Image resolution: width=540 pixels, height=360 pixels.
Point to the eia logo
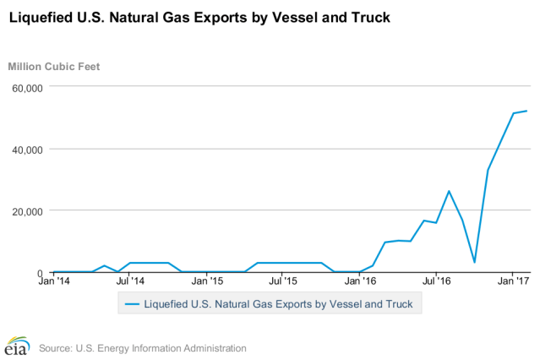coord(17,346)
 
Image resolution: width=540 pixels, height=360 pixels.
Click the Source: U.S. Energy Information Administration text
coord(143,347)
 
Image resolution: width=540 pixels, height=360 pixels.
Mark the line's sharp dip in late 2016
coord(475,262)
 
